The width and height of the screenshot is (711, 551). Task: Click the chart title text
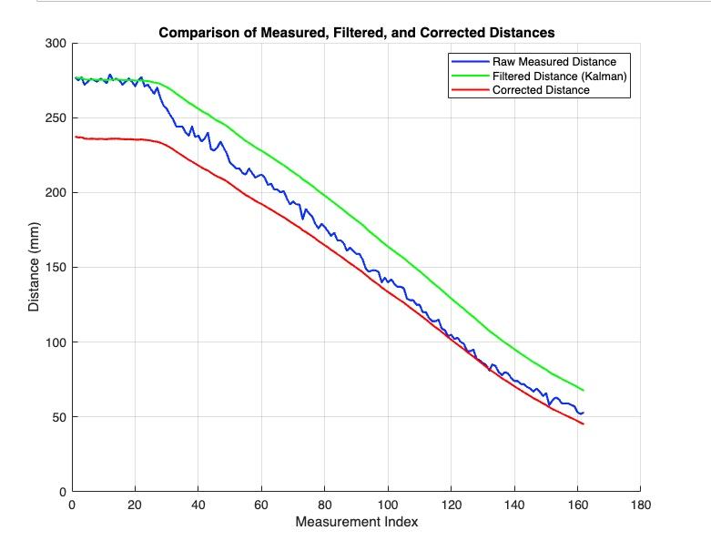(x=356, y=33)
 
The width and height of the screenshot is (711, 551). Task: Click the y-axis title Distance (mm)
(x=34, y=267)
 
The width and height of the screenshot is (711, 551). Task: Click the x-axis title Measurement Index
(x=356, y=523)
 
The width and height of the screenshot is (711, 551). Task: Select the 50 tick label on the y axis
(x=57, y=417)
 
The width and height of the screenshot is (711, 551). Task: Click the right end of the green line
(x=583, y=390)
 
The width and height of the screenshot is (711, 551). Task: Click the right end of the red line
(x=583, y=424)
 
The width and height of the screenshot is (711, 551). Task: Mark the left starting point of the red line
(x=76, y=137)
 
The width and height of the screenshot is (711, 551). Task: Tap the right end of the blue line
(x=583, y=413)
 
